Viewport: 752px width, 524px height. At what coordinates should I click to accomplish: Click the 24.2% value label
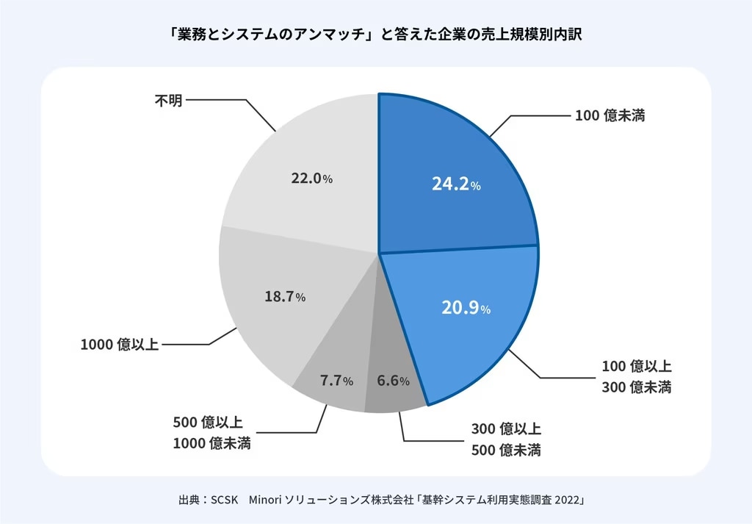point(456,185)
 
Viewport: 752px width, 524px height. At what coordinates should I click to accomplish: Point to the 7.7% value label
point(336,381)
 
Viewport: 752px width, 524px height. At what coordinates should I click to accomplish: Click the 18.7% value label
point(284,297)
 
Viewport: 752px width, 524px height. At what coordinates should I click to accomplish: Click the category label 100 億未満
point(610,115)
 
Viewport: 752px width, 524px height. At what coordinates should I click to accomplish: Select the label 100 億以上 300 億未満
point(637,376)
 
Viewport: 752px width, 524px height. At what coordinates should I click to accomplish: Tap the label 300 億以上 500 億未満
point(506,439)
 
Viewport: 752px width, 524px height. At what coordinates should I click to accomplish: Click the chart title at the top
point(375,35)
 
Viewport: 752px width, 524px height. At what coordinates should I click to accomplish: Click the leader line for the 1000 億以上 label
point(191,344)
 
